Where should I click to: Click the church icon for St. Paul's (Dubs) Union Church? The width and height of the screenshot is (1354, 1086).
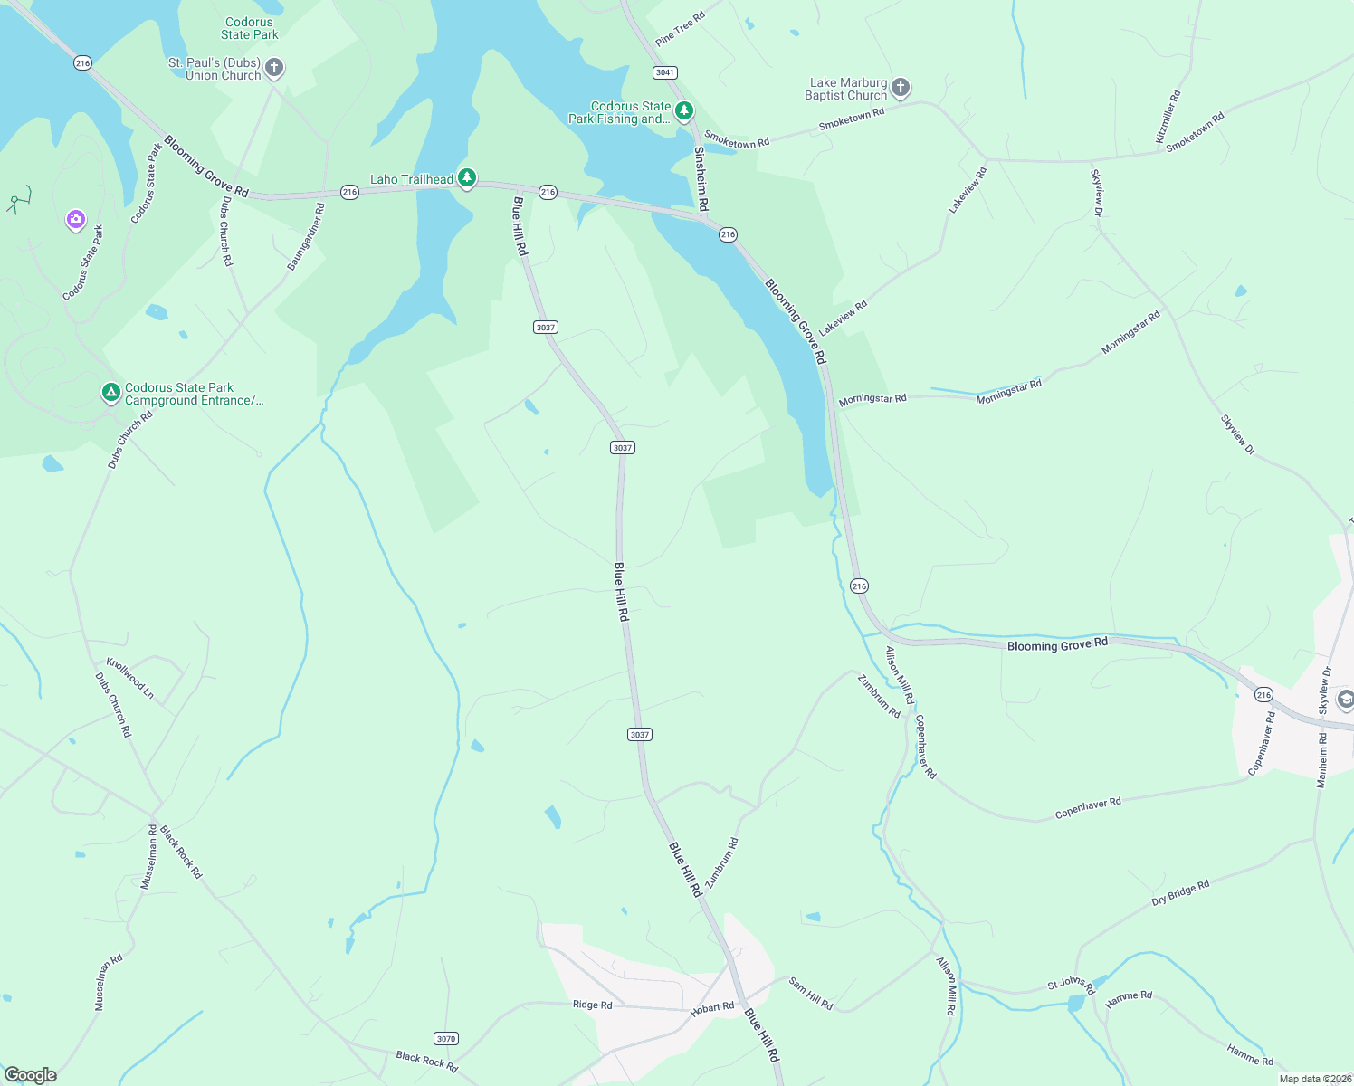[x=274, y=68]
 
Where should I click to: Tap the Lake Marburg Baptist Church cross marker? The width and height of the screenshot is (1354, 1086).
[x=900, y=88]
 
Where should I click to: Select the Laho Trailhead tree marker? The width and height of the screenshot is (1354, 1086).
[x=467, y=177]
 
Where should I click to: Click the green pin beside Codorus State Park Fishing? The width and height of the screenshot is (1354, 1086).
[x=684, y=110]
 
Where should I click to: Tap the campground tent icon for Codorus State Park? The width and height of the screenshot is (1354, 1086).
[x=110, y=393]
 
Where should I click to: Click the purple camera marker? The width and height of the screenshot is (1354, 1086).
[x=76, y=219]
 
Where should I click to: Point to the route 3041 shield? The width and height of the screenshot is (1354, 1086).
[x=665, y=72]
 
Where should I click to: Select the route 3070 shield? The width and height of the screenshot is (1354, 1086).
[x=445, y=1038]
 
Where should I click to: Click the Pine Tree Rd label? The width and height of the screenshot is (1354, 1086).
[x=680, y=29]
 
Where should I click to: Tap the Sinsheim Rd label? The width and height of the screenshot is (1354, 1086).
[x=701, y=179]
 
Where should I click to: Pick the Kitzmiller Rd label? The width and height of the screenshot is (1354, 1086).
[x=1168, y=116]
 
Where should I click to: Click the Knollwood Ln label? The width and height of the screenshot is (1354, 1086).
[x=130, y=678]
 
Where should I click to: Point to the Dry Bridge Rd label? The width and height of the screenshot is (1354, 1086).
[x=1180, y=893]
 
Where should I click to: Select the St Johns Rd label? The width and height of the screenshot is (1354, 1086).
[x=1071, y=984]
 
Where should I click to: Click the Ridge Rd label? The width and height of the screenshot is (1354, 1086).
[x=592, y=1005]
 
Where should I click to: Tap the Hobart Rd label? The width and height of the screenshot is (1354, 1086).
[x=712, y=1007]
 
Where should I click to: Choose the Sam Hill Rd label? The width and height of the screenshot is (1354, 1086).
[x=810, y=993]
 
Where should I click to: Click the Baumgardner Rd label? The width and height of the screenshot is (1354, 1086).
[x=306, y=237]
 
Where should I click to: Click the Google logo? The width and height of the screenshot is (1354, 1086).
[x=30, y=1074]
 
